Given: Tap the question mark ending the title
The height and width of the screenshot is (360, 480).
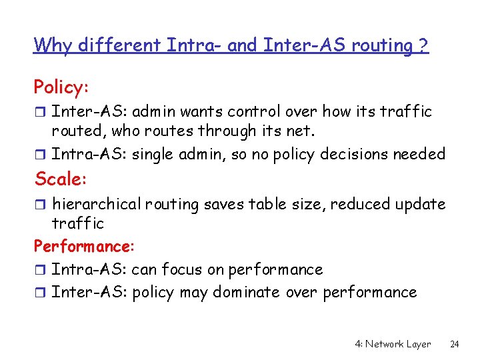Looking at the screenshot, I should pyautogui.click(x=423, y=46).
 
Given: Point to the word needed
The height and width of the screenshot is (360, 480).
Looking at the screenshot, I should pyautogui.click(x=418, y=154).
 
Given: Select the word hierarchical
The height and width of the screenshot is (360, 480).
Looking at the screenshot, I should pyautogui.click(x=91, y=204).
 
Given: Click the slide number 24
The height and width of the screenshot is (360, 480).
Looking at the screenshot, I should pyautogui.click(x=455, y=344).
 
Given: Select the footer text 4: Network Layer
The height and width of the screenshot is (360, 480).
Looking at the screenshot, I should pyautogui.click(x=393, y=344).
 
